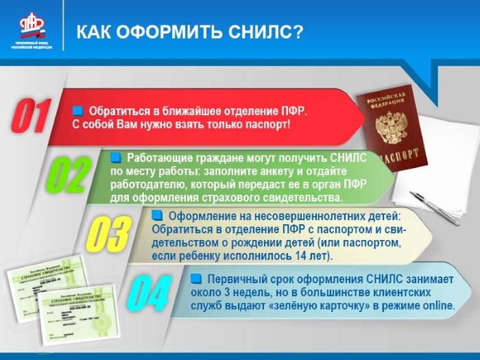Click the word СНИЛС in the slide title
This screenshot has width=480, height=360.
[x=264, y=32]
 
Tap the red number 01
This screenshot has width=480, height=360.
[x=31, y=116]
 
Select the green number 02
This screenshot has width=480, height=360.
[x=67, y=175]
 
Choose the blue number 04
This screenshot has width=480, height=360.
[x=149, y=293]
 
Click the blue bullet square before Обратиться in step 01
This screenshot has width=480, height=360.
[x=77, y=110]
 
